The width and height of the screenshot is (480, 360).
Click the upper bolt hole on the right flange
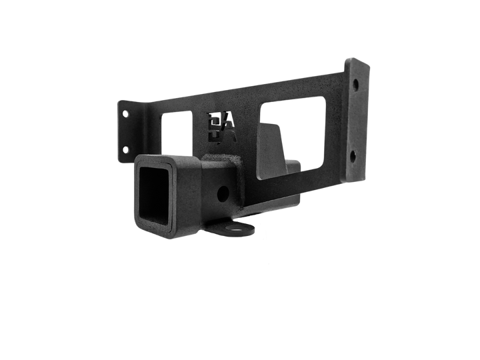[x=357, y=85]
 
